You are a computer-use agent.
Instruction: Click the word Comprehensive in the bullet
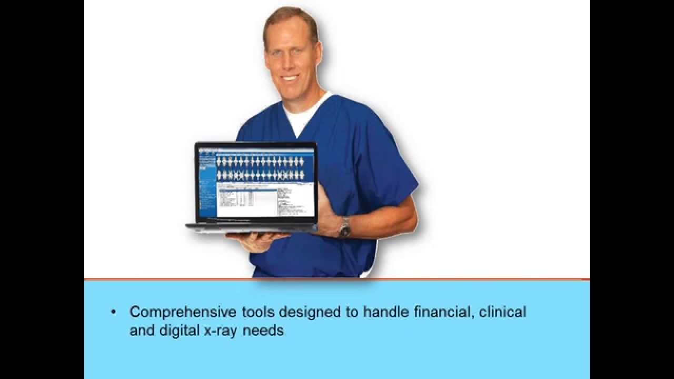[183, 312]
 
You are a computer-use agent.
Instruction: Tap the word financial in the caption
[443, 312]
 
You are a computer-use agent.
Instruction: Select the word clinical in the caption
[502, 312]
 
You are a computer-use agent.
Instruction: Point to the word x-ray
[217, 331]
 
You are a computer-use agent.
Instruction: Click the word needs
[263, 331]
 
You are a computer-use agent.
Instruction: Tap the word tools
[259, 312]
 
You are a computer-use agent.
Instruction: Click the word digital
[179, 331]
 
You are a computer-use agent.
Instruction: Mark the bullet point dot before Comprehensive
[113, 312]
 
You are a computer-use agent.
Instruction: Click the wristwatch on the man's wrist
[345, 227]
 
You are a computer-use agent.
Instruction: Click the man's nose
[290, 62]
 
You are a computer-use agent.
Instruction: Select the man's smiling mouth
[290, 77]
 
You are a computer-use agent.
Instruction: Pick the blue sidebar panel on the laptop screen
[207, 184]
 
